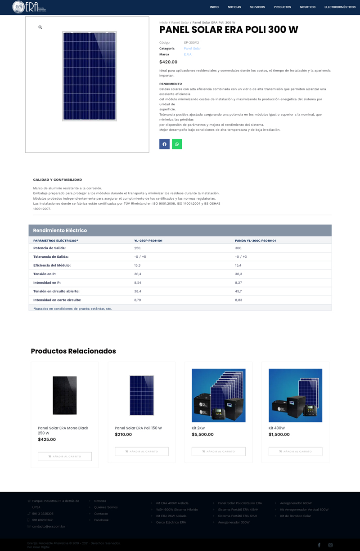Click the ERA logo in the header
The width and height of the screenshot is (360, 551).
[29, 7]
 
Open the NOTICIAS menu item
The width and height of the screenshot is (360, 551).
[234, 7]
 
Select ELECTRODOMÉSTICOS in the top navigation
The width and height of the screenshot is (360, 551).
[340, 7]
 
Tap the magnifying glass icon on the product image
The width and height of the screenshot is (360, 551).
[40, 27]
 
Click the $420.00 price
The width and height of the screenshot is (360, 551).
[168, 62]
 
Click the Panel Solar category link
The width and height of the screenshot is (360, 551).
[192, 49]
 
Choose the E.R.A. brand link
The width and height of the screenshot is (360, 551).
[188, 54]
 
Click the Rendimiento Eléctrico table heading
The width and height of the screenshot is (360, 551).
[60, 230]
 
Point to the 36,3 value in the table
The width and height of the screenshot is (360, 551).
[238, 274]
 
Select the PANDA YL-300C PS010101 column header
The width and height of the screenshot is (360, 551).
[255, 241]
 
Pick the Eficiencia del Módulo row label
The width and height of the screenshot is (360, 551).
[52, 265]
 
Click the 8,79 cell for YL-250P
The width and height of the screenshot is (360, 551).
[137, 300]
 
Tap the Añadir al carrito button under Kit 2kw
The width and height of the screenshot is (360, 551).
[218, 451]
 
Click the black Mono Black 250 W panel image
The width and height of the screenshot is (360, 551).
[64, 395]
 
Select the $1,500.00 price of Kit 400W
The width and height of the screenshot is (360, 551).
[279, 435]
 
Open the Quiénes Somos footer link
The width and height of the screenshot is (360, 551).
[106, 507]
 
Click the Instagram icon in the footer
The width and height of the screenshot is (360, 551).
[330, 545]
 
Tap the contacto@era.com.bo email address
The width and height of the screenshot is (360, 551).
[49, 526]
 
